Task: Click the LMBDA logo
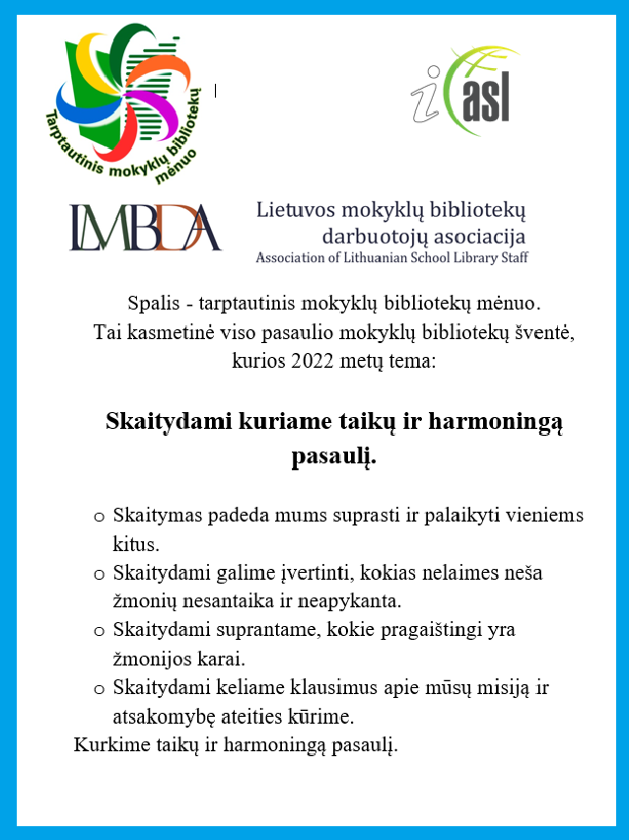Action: coord(146,227)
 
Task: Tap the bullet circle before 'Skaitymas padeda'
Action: coord(99,516)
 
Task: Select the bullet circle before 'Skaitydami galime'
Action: coord(99,573)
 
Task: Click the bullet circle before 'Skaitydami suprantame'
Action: coord(99,630)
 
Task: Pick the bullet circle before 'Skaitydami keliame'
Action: coord(99,687)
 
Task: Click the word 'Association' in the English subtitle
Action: coord(293,258)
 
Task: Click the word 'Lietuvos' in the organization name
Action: coord(294,210)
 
